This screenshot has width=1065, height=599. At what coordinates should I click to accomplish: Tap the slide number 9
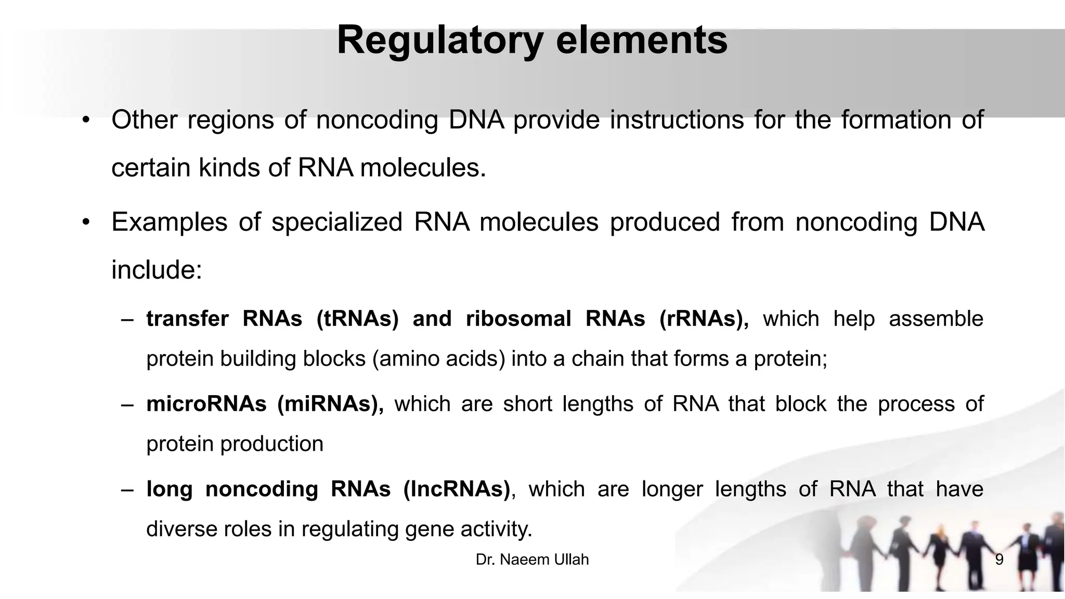(x=999, y=560)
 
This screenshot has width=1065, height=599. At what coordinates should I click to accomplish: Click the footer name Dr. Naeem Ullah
(x=532, y=559)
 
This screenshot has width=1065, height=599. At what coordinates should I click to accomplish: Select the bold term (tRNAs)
(x=357, y=319)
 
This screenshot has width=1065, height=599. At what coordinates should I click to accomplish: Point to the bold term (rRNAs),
(x=704, y=319)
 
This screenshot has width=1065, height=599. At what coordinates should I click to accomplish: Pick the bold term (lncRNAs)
(x=457, y=489)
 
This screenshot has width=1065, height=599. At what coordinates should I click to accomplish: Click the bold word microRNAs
(x=206, y=404)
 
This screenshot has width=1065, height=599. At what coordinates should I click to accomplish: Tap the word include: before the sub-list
(x=157, y=270)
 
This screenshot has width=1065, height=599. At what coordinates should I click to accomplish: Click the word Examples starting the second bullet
(x=169, y=222)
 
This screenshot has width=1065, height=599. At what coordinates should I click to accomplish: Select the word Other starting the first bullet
(x=144, y=120)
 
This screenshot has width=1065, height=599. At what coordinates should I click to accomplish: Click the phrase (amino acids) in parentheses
(x=438, y=359)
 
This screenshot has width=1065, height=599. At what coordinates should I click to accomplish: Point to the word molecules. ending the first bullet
(x=423, y=168)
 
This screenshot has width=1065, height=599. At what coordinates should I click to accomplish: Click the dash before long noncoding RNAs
(x=127, y=490)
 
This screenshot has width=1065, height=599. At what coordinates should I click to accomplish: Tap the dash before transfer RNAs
(x=127, y=319)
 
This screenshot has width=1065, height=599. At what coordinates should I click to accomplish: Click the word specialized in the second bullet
(x=337, y=222)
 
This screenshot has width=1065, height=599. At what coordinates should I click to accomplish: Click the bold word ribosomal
(x=518, y=319)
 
